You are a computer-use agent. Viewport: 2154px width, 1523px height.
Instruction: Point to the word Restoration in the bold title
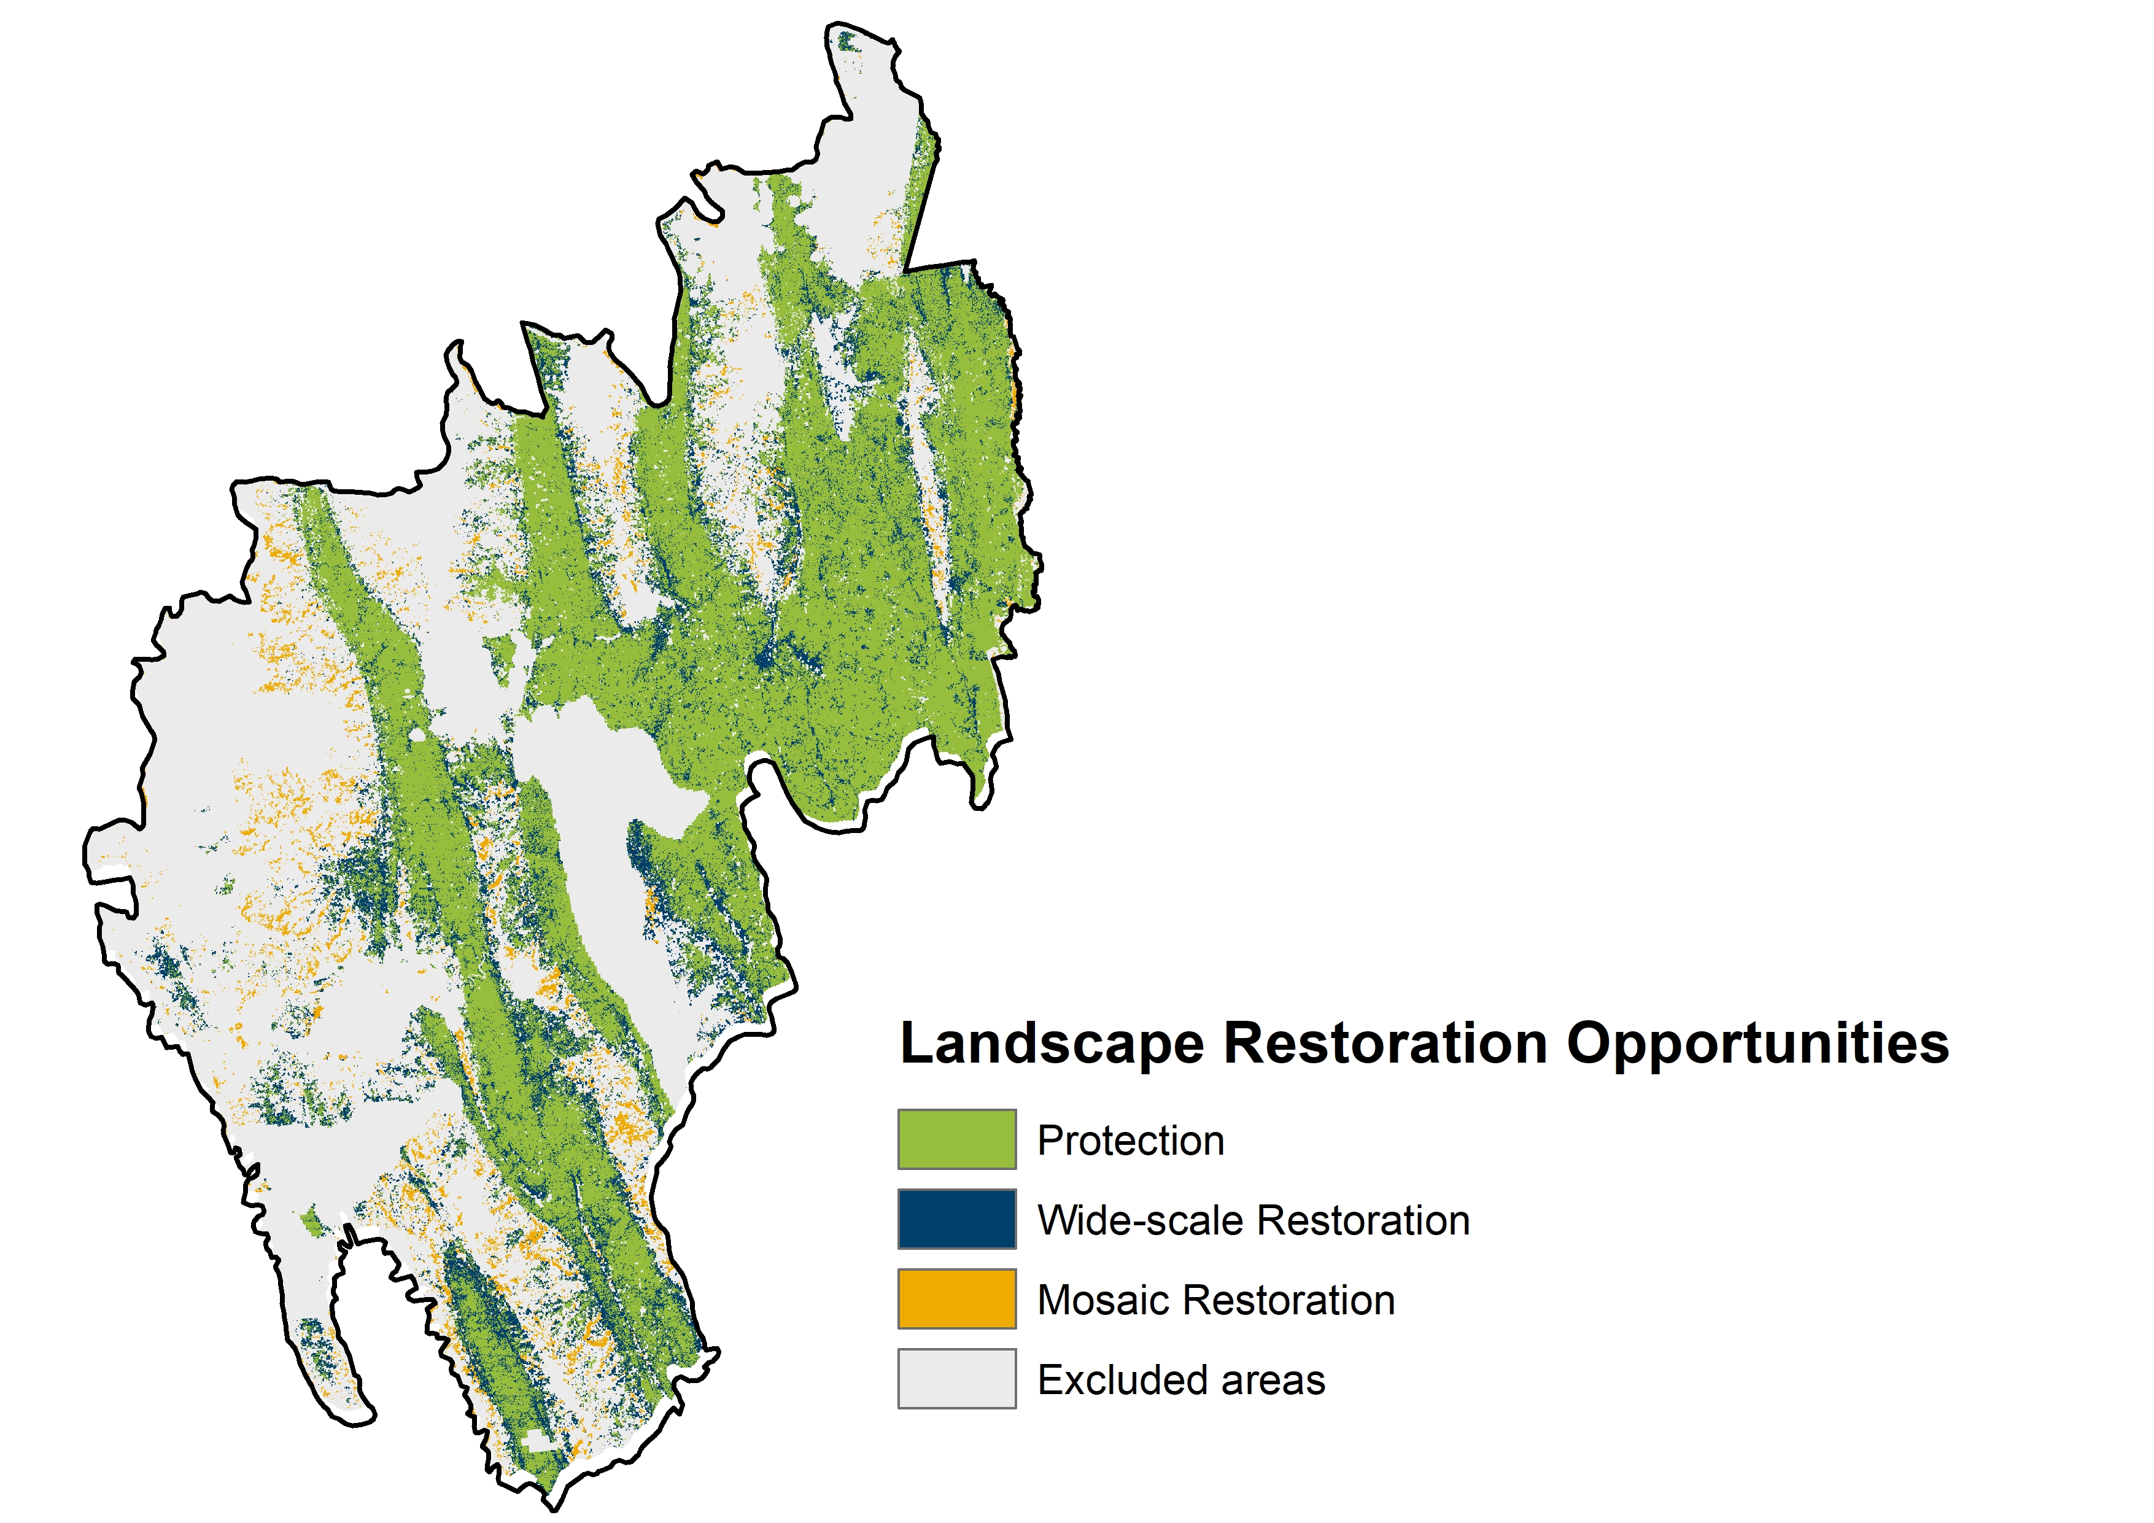1385,1044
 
